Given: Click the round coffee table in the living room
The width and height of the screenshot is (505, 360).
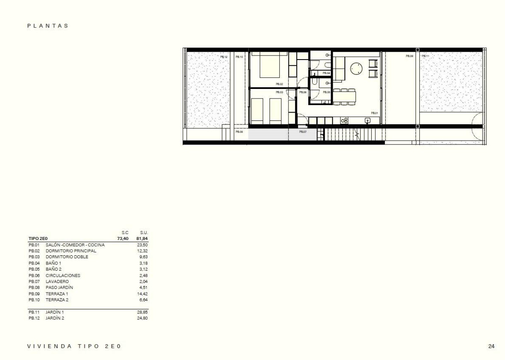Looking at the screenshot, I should click(x=356, y=68).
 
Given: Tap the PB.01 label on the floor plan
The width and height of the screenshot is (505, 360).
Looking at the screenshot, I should click(x=374, y=113).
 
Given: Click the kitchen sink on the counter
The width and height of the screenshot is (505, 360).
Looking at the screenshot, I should click(x=367, y=120).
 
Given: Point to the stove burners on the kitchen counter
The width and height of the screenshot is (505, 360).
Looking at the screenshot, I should click(x=344, y=120).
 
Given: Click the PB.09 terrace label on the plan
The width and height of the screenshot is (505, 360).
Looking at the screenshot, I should click(x=409, y=56).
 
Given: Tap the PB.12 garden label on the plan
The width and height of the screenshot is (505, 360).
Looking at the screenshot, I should click(x=224, y=57).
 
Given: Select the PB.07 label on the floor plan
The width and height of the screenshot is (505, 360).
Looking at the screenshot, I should click(x=303, y=132).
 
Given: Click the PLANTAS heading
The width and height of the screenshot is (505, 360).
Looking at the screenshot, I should click(x=48, y=26).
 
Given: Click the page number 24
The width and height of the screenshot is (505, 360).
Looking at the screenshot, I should click(x=491, y=346).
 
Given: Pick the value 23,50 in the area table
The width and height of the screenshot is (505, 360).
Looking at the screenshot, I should click(x=142, y=245).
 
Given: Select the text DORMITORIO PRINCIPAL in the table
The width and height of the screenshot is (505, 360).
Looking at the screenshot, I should click(x=71, y=251).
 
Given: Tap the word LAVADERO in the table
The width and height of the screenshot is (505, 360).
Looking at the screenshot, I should click(x=57, y=281).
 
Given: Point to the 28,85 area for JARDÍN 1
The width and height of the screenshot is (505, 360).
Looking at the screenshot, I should click(x=142, y=312).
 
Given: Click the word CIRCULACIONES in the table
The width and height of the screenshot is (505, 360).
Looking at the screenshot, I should click(x=63, y=275).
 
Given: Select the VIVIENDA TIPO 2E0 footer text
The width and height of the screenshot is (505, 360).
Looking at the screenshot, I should click(x=74, y=346).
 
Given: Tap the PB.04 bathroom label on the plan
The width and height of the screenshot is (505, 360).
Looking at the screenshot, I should click(x=326, y=73).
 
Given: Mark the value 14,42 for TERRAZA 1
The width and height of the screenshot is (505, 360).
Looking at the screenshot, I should click(x=142, y=293).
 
